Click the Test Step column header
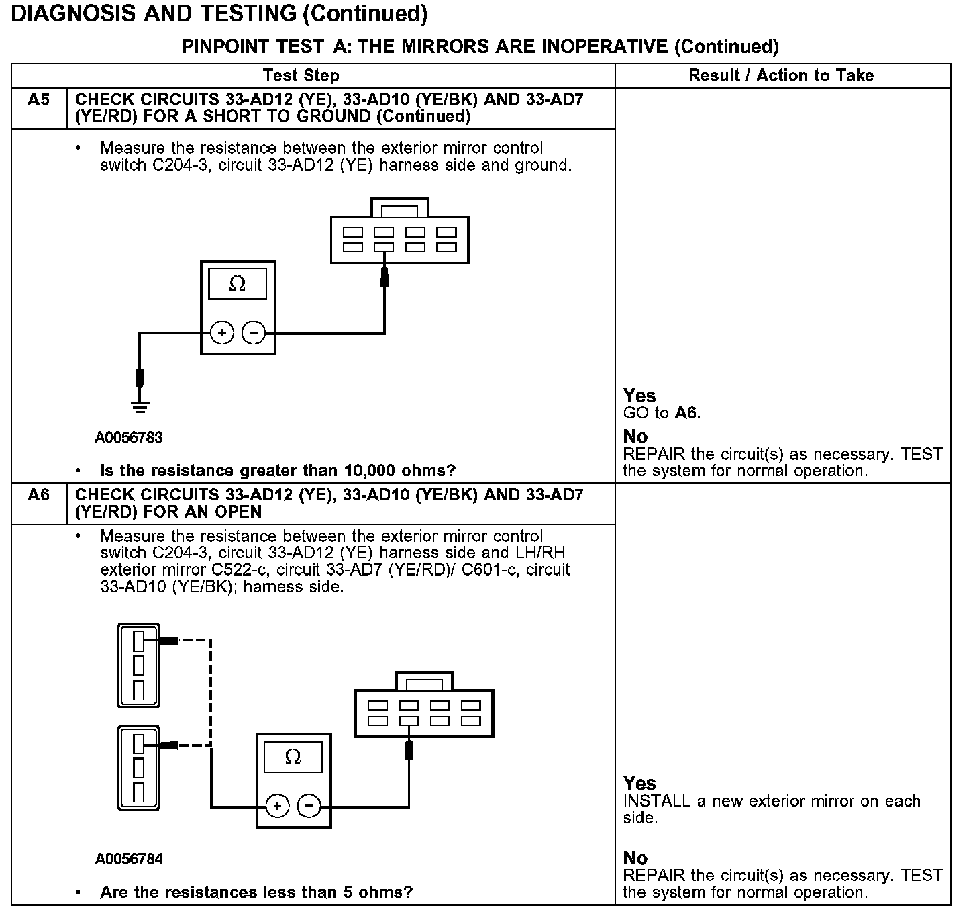point(301,75)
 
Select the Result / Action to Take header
point(781,75)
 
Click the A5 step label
point(39,100)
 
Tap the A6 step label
point(39,495)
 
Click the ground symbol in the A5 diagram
point(140,406)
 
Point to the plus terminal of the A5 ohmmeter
point(221,332)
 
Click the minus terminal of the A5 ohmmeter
point(253,332)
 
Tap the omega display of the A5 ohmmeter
point(237,284)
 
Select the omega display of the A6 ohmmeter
point(293,757)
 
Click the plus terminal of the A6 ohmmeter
point(277,806)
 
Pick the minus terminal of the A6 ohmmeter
point(309,806)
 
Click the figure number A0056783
point(129,438)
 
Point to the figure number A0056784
point(129,859)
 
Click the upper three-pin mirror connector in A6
point(139,665)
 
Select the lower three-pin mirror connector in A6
point(139,768)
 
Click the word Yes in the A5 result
point(639,396)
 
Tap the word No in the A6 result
point(635,858)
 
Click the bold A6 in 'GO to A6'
point(686,413)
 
